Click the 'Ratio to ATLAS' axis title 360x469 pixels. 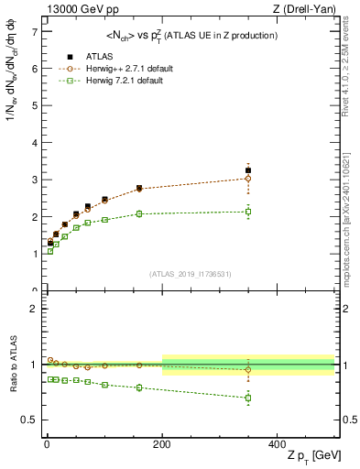point(12,365)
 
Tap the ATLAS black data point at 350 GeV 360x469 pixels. point(248,170)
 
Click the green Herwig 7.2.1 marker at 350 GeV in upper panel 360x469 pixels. point(248,212)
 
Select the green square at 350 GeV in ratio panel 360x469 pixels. point(248,398)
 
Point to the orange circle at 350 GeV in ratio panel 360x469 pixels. point(248,370)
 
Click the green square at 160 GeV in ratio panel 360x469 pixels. point(139,387)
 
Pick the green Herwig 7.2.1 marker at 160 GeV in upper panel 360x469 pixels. point(139,213)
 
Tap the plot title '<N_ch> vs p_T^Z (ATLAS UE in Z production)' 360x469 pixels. point(189,35)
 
